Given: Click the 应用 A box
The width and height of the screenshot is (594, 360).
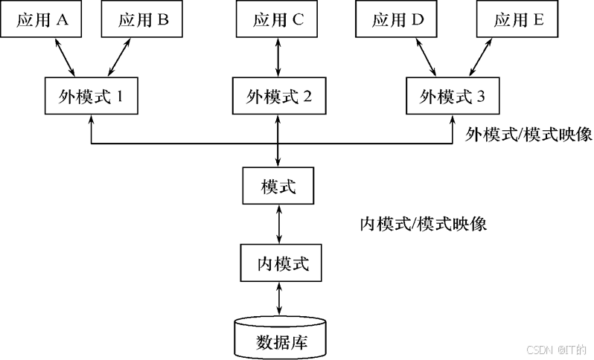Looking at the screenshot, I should pos(43,20).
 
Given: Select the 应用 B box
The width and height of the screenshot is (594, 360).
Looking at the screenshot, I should pos(144,20).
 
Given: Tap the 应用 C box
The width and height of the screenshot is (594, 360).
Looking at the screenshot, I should pos(278,20).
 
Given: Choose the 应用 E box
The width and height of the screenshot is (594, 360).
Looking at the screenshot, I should pos(519,20).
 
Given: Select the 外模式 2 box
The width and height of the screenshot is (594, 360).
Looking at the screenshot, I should pos(278,97).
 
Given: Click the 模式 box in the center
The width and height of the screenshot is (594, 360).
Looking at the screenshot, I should pos(278,187).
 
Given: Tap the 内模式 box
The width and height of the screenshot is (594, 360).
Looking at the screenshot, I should pos(278,263).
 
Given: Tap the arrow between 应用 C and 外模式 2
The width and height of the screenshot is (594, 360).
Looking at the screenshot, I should pos(278,57).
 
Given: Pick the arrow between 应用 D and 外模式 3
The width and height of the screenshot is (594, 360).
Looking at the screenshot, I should pos(427,57).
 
